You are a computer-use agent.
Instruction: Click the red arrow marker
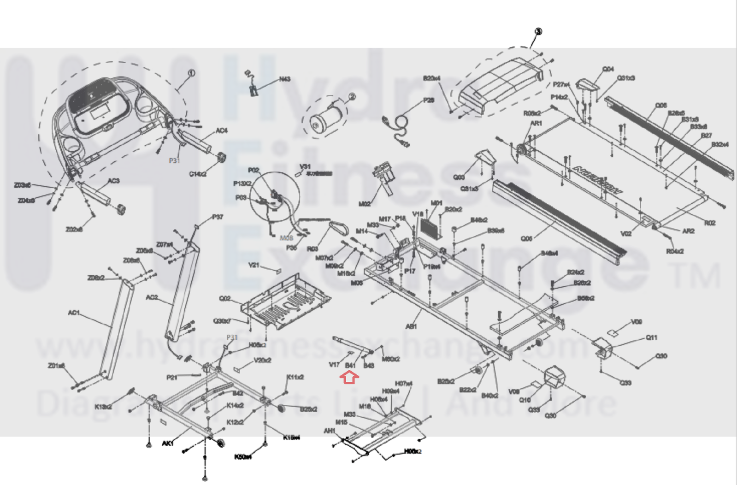click(349, 378)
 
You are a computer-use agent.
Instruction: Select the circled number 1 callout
click(191, 73)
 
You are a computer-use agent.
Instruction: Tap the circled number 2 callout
click(352, 97)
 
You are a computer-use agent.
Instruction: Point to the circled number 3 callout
click(538, 31)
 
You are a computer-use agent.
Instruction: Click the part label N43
click(285, 79)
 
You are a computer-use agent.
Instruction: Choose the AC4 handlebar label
click(222, 130)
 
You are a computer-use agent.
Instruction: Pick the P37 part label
click(218, 217)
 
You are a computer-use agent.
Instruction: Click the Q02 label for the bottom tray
click(225, 298)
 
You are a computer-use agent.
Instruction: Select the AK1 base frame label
click(168, 444)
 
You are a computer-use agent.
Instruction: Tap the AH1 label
click(329, 431)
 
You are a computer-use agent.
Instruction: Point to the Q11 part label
click(651, 337)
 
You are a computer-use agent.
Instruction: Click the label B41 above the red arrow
click(350, 366)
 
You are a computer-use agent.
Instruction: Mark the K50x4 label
click(243, 457)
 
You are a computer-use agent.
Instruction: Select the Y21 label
click(254, 266)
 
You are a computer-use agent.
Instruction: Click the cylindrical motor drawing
click(326, 118)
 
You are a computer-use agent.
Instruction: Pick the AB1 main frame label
click(411, 326)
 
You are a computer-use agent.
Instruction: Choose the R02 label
click(710, 223)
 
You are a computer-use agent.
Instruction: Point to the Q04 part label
click(608, 69)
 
